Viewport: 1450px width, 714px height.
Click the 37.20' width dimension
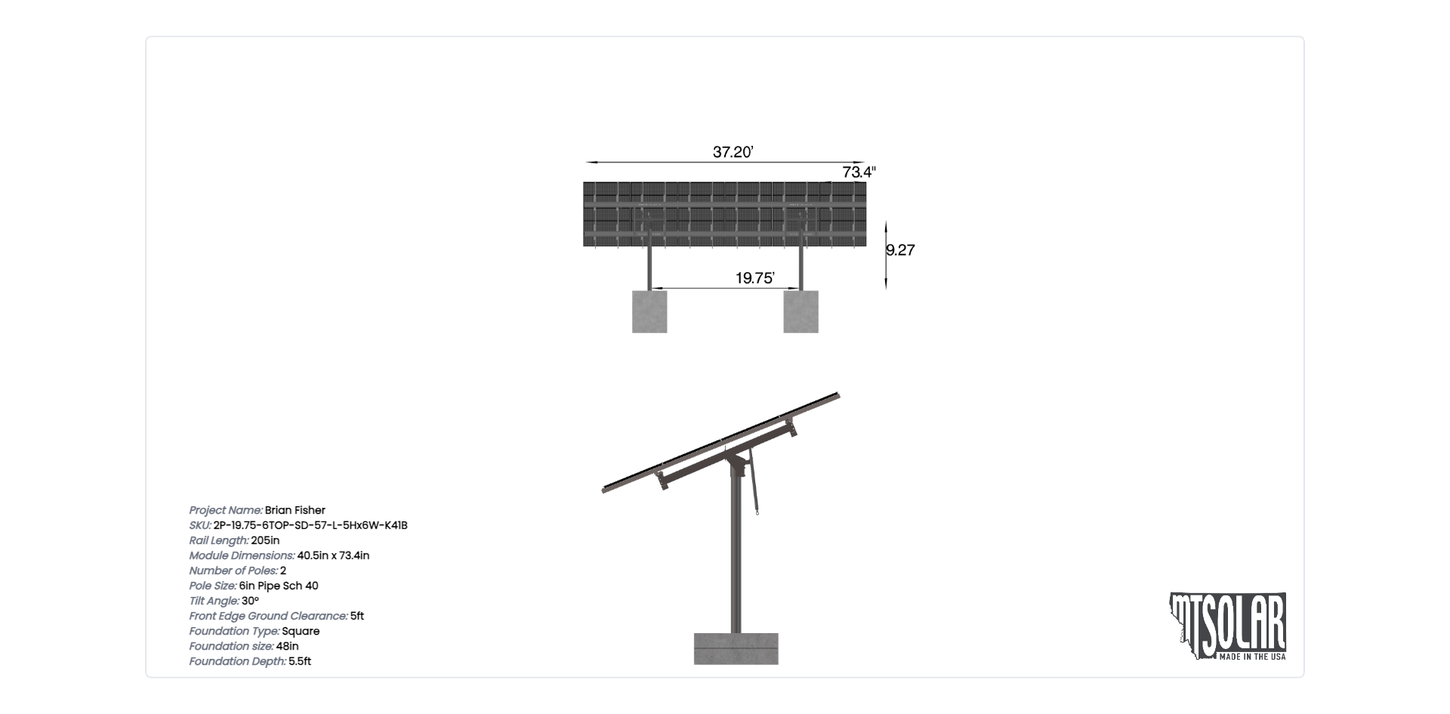(x=733, y=152)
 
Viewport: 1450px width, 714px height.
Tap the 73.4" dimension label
(x=859, y=172)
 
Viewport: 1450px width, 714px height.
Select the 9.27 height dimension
(x=901, y=250)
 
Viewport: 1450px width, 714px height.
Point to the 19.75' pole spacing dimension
(x=754, y=278)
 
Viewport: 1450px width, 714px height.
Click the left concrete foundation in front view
(x=649, y=311)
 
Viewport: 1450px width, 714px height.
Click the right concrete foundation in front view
(x=801, y=311)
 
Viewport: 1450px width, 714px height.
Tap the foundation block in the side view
(x=736, y=648)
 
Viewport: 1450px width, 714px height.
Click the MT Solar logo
(x=1228, y=626)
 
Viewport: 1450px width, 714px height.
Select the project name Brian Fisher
(x=295, y=510)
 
